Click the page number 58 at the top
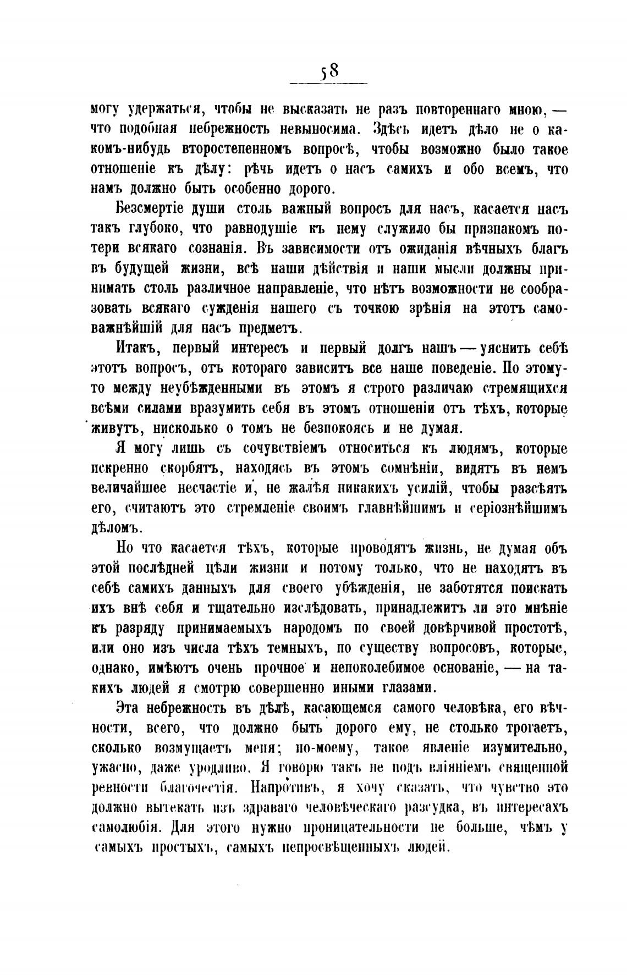329,72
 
